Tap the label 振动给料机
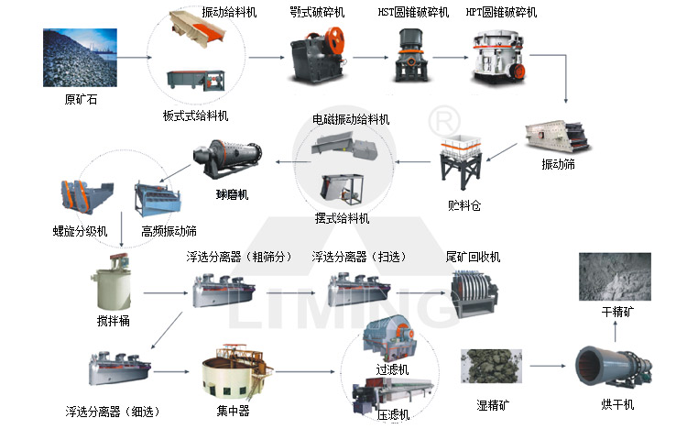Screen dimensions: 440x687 229,12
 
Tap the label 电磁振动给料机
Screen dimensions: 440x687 351,120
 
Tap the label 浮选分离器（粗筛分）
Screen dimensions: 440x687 239,256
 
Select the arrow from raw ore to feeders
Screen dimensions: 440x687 132,58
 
